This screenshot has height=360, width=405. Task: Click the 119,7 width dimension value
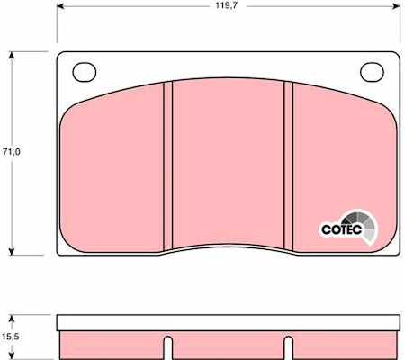point(226,5)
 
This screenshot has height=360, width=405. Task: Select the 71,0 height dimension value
point(12,152)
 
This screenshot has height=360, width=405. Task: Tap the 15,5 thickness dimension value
point(12,337)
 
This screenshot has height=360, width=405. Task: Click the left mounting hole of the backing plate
point(85,72)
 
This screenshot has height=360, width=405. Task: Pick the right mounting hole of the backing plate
point(372,72)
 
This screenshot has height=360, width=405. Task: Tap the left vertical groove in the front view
point(168,166)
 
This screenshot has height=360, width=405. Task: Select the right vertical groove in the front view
point(288,166)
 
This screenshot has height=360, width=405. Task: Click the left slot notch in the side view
point(168,347)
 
